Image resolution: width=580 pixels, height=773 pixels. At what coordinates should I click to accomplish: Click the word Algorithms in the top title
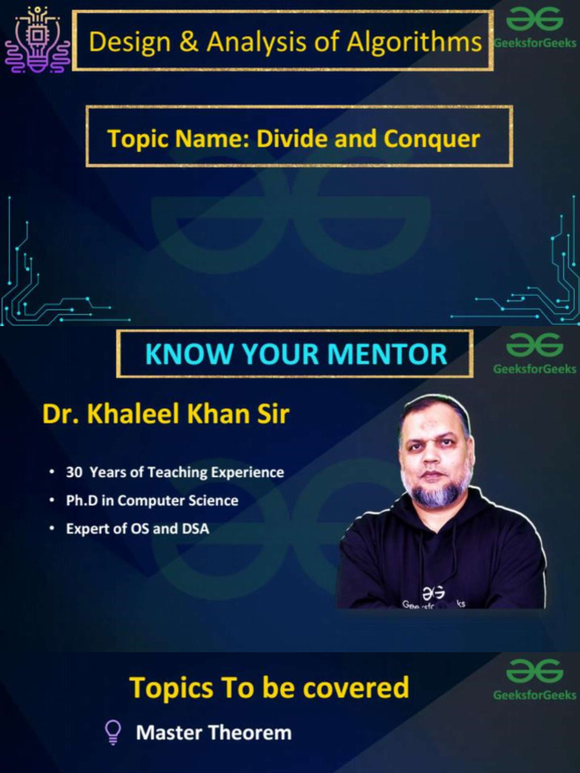pyautogui.click(x=415, y=42)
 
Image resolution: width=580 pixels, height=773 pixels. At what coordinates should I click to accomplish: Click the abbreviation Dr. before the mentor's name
pyautogui.click(x=61, y=414)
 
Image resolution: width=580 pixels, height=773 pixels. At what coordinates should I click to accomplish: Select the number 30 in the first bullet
pyautogui.click(x=74, y=473)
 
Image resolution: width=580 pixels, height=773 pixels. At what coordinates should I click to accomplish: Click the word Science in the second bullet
pyautogui.click(x=215, y=500)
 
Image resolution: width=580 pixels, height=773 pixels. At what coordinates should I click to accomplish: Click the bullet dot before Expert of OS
pyautogui.click(x=52, y=528)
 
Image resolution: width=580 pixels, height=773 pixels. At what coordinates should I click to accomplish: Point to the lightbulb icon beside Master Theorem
pyautogui.click(x=113, y=732)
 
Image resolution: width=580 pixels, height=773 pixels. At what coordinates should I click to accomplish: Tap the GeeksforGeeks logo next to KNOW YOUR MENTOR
pyautogui.click(x=535, y=353)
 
